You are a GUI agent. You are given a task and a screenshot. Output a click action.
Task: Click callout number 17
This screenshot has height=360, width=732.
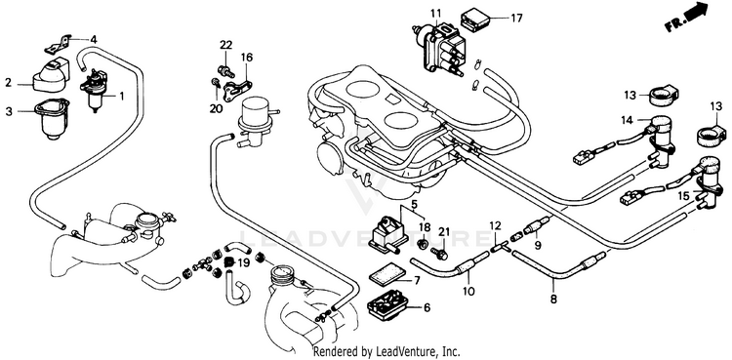516,19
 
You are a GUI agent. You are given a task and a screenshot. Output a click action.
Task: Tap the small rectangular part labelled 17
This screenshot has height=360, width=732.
474,19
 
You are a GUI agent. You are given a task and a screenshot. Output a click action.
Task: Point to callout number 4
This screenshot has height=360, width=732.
94,40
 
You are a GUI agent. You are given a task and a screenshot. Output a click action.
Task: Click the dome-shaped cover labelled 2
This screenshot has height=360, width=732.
50,76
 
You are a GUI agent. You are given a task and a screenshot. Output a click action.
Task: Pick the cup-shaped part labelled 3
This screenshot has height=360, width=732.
52,120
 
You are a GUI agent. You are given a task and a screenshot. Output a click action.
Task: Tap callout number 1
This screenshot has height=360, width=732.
122,97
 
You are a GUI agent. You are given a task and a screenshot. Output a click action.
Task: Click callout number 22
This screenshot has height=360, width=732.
226,45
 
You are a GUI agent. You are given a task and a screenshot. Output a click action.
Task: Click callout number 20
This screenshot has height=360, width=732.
216,109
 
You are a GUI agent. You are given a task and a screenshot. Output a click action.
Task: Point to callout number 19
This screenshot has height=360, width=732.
244,262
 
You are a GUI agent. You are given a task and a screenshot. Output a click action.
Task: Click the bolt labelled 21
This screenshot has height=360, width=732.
441,254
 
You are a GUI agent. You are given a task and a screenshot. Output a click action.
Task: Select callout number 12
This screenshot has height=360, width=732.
495,225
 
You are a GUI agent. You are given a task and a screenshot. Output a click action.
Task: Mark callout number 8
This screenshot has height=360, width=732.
553,300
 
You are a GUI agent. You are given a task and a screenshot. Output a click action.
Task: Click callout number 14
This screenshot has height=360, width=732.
627,120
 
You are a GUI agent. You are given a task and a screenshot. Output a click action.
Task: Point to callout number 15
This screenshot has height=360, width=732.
683,196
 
